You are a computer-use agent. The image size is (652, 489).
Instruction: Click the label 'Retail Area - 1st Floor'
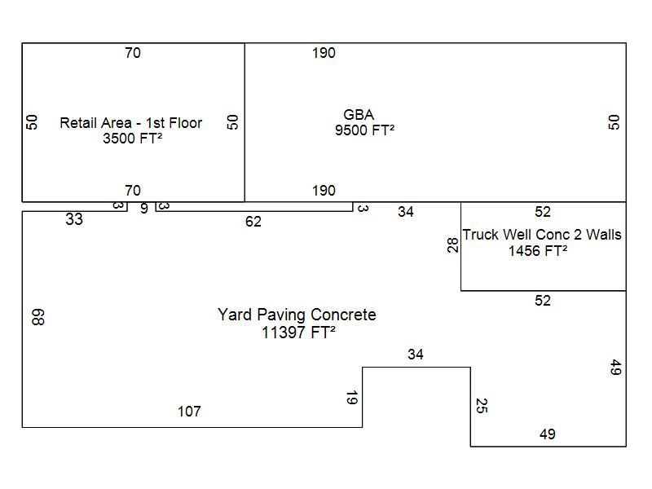coord(131,123)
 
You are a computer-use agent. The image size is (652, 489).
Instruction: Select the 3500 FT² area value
coord(131,139)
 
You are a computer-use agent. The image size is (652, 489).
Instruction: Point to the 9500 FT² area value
coord(364,130)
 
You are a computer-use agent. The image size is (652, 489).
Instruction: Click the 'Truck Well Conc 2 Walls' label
coord(542,235)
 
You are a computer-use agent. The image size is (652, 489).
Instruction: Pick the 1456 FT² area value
coord(538,251)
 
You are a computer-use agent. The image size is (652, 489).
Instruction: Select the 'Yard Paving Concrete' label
coord(297,315)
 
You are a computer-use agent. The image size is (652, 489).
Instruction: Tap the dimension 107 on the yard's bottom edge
coord(189,412)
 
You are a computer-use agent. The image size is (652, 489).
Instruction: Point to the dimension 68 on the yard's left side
coord(37,317)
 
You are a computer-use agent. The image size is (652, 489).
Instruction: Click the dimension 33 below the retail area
coord(74,219)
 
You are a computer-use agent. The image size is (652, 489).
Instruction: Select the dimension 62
coord(253,222)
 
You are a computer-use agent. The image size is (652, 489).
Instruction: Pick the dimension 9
coord(144,209)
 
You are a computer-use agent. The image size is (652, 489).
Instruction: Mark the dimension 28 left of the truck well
coord(453,245)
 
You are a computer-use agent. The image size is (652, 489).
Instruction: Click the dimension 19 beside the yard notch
coord(351,398)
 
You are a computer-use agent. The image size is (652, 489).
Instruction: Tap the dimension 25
coord(481,406)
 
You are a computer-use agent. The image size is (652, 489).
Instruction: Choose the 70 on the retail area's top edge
coord(133,53)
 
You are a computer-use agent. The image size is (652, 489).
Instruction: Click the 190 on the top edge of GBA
coord(324,53)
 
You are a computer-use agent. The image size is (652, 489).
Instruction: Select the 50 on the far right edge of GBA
coord(615,121)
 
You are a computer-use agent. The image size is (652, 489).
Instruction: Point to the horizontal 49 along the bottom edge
coord(548,434)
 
